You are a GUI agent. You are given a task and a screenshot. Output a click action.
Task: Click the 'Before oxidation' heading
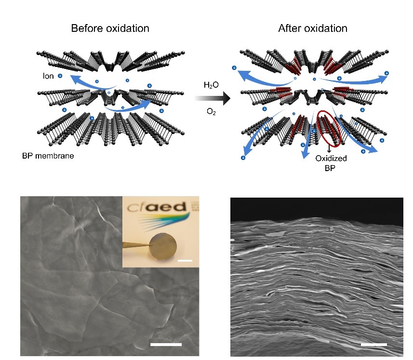[110, 28]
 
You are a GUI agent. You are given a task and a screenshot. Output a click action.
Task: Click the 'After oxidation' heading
[313, 28]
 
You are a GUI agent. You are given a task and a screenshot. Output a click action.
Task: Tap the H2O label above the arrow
[211, 85]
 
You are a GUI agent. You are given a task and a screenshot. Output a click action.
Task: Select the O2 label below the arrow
[211, 112]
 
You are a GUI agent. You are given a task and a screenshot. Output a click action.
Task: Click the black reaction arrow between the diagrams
[213, 98]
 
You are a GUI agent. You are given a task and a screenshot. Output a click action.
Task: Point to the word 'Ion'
[48, 76]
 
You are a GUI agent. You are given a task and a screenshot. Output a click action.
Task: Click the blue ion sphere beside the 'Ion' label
[60, 76]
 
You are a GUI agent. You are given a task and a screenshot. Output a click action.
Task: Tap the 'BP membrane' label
[48, 156]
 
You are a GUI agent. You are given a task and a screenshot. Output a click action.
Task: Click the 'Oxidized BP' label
[331, 163]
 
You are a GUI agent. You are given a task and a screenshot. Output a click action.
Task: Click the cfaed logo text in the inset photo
[157, 207]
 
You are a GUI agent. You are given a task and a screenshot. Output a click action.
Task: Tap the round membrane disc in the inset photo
[163, 246]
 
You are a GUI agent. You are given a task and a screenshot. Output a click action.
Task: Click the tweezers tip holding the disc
[151, 245]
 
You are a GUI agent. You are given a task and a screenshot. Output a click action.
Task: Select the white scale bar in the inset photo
[185, 261]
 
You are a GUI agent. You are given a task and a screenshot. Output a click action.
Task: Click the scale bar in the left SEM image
[166, 345]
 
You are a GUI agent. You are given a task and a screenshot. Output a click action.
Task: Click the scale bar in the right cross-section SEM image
[374, 345]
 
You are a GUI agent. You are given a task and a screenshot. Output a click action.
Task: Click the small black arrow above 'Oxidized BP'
[329, 149]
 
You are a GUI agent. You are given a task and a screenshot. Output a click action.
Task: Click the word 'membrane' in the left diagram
[54, 156]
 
